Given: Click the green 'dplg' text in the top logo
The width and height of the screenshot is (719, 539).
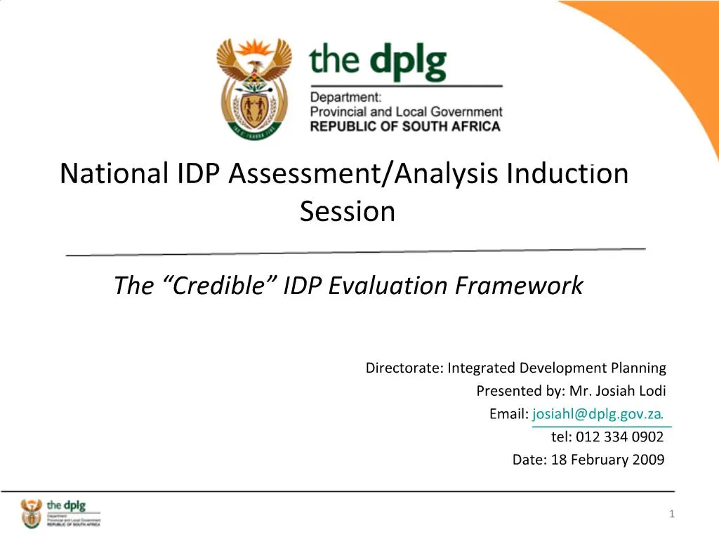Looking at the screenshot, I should (x=408, y=63).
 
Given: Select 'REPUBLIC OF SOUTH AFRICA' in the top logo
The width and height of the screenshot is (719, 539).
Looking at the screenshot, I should (x=406, y=127).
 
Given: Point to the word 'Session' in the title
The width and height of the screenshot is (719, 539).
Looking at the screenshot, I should (x=348, y=211).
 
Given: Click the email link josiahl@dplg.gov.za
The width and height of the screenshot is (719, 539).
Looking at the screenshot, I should (x=598, y=414).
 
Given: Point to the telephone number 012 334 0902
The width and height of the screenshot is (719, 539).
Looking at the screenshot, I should (x=619, y=437).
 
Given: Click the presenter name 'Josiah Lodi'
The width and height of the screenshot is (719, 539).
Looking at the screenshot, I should (x=635, y=391).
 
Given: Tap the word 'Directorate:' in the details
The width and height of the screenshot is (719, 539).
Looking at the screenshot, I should (x=404, y=368).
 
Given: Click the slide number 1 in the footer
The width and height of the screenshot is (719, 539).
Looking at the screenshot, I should (x=671, y=514).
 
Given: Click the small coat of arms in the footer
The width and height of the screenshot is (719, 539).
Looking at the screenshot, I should (x=32, y=514).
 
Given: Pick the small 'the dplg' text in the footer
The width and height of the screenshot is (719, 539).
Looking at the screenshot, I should (x=65, y=505).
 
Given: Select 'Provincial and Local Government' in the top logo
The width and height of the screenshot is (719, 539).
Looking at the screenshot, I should (x=406, y=112).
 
